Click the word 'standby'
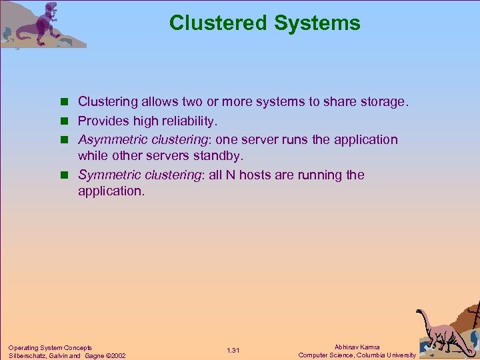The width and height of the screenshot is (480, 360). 219,155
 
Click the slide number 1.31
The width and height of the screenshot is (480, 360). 233,351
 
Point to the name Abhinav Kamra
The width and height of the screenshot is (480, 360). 357,347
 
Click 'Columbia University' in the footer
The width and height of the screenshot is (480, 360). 386,355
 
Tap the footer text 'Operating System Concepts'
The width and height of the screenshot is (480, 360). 50,347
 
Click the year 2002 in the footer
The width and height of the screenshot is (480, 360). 116,355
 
